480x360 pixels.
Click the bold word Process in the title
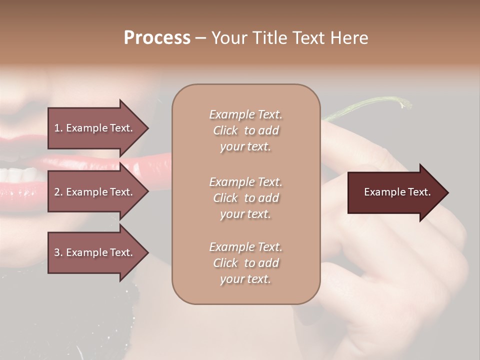(x=157, y=38)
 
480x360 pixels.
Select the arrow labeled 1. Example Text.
(x=94, y=128)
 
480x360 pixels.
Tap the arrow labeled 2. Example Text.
(x=94, y=192)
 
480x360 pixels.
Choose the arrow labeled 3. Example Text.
(x=94, y=252)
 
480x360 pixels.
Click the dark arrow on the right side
(x=397, y=192)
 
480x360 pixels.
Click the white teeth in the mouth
(x=20, y=175)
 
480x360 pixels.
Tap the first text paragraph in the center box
(x=245, y=130)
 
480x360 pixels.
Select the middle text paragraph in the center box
(x=245, y=198)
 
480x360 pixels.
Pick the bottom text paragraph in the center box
(x=245, y=263)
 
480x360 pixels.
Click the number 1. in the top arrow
(x=58, y=128)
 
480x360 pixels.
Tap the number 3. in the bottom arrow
(x=58, y=252)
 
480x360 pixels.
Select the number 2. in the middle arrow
(x=58, y=192)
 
